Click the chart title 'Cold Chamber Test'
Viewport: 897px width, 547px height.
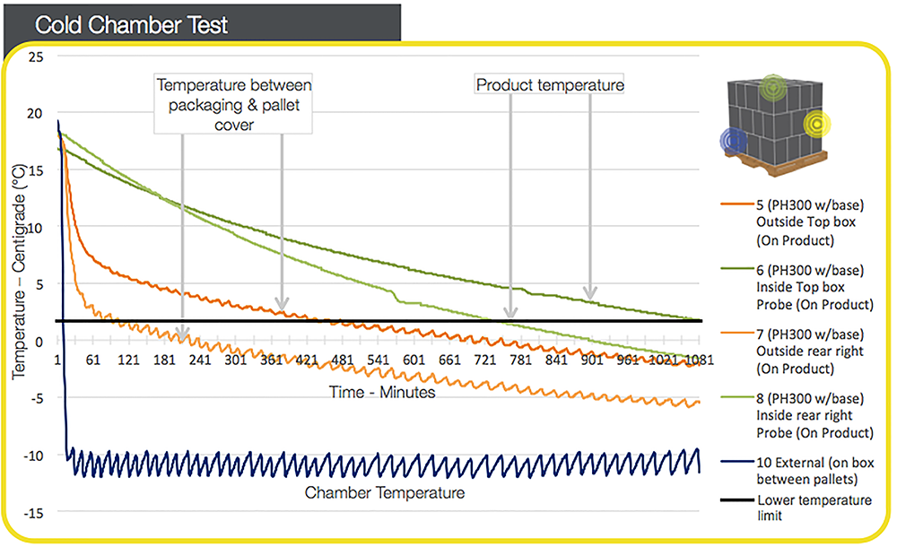131,24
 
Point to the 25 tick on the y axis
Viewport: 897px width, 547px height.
35,56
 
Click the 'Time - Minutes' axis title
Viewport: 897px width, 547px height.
383,393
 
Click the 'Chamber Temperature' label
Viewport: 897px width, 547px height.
385,492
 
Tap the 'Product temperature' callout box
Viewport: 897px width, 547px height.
549,85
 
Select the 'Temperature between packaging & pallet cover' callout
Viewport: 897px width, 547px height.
234,105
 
